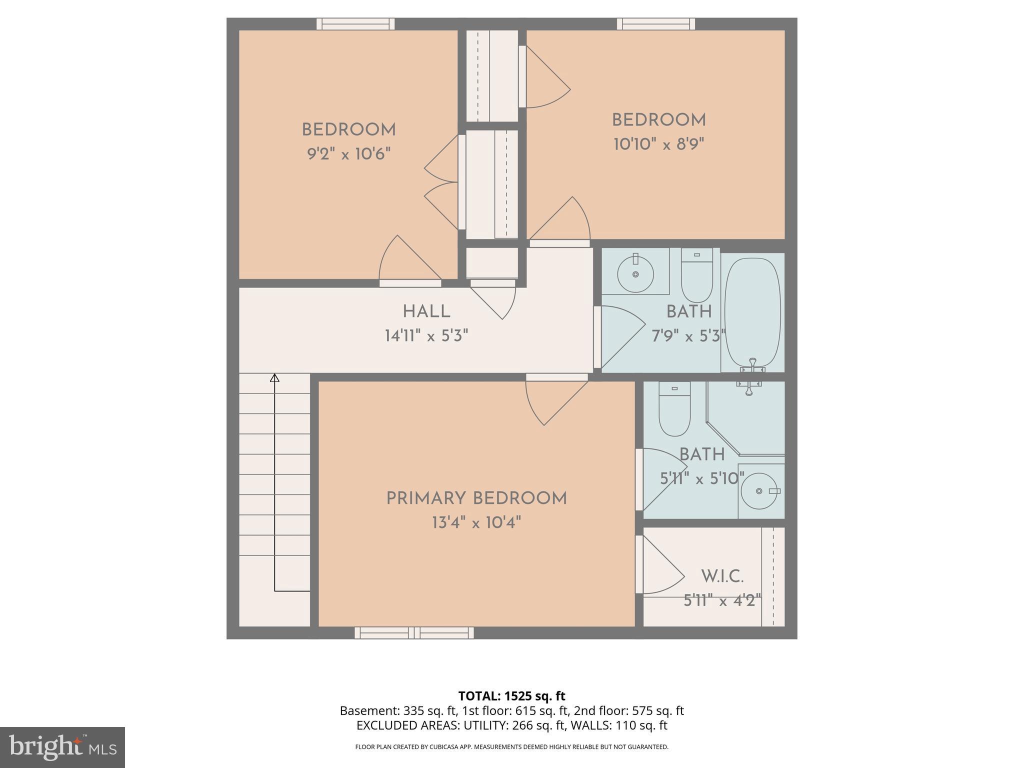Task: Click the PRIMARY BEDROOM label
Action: click(x=476, y=498)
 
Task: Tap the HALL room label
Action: click(x=426, y=311)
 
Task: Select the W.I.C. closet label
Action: click(x=722, y=576)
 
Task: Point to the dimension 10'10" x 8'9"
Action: click(x=658, y=144)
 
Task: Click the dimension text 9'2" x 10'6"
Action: click(x=348, y=153)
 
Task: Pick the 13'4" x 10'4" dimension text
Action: click(x=476, y=523)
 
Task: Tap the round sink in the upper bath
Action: click(x=635, y=274)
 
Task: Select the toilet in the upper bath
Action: click(x=697, y=276)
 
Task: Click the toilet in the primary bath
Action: click(x=674, y=409)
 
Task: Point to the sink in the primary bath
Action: click(x=759, y=491)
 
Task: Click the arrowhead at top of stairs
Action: click(x=274, y=378)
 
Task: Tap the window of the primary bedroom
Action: click(x=414, y=633)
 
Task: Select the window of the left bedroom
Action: click(x=355, y=24)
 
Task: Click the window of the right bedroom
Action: click(x=655, y=24)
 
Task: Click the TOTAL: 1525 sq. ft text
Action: click(x=511, y=696)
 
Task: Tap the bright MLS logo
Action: click(x=62, y=747)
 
